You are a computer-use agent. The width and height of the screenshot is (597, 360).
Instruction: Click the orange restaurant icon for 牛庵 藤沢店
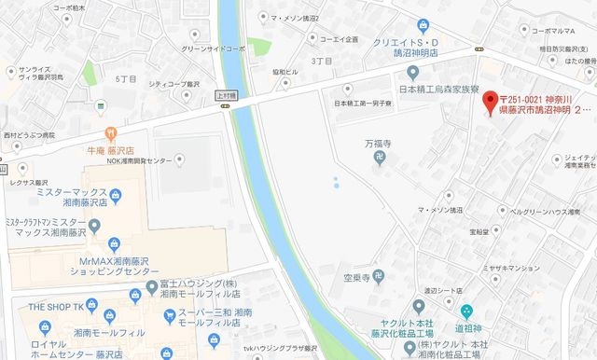tap(112, 132)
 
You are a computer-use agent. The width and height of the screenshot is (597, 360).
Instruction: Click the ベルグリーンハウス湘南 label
tap(548, 213)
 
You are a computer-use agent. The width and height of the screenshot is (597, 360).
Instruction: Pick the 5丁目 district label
tap(125, 79)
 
